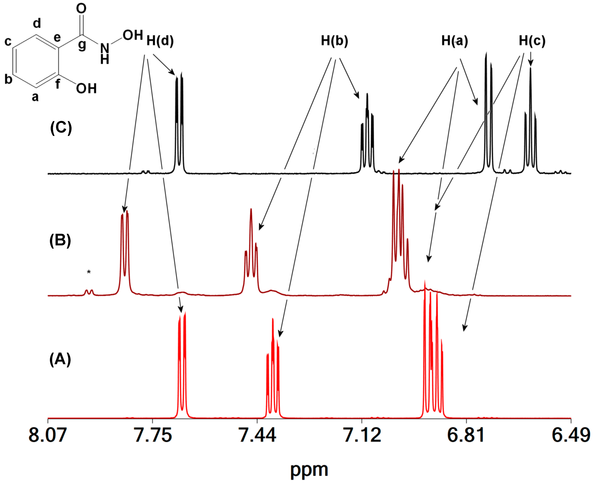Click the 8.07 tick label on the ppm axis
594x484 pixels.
coord(48,435)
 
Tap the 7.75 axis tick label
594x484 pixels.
coord(153,435)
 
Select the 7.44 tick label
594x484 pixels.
coord(257,435)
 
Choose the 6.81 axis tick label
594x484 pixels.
coord(466,435)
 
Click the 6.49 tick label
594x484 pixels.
coord(571,435)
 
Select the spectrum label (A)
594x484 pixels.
coord(60,359)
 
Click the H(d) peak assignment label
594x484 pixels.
coord(160,41)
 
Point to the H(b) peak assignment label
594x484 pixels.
coord(334,41)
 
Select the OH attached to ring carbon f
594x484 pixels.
coord(86,89)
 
